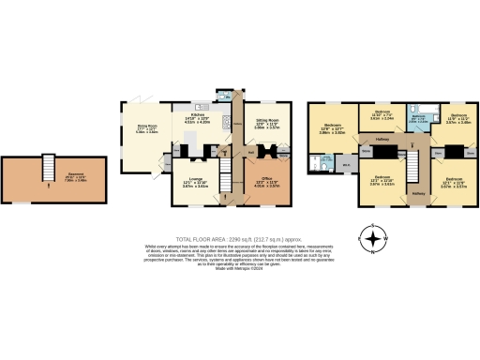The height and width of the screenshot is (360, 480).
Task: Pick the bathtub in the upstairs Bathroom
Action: tap(421, 110)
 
